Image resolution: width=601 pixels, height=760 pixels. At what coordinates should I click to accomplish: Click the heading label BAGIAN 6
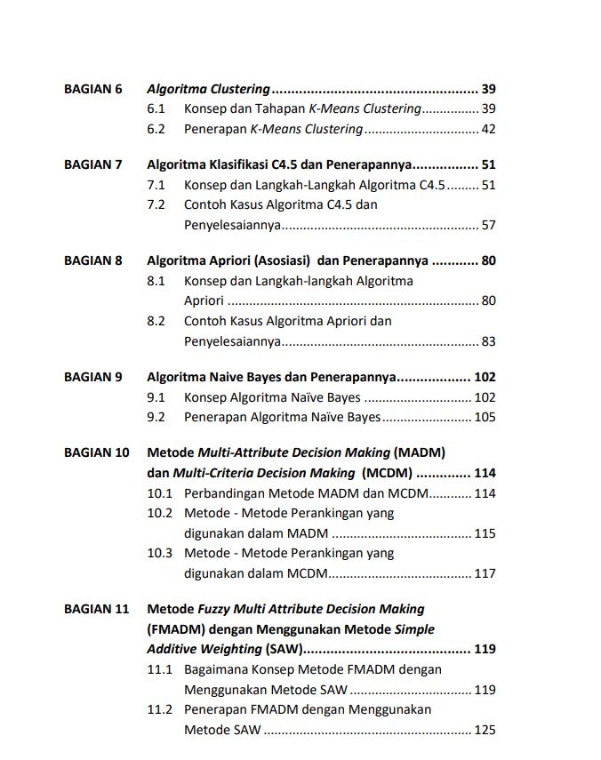tap(92, 89)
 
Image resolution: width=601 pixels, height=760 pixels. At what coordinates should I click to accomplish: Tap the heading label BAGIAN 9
tap(92, 377)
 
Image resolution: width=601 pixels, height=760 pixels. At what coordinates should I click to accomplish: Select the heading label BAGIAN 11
tap(96, 609)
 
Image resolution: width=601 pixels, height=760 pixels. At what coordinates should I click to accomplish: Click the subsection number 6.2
tap(156, 129)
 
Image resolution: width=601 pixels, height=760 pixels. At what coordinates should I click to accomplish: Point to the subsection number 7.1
tap(156, 185)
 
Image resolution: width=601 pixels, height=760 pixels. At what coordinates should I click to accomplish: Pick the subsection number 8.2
tap(156, 321)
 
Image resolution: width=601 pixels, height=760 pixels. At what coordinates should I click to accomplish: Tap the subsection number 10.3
tap(159, 553)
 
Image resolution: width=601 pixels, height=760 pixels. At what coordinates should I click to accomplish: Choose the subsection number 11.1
tap(159, 669)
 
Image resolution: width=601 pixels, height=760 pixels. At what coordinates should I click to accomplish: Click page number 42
tap(488, 129)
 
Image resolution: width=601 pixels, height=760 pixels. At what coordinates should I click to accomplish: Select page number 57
tap(488, 225)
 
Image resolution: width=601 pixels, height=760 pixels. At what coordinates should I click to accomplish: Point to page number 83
tap(488, 341)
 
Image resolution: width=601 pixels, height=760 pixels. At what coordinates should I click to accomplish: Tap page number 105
tap(485, 417)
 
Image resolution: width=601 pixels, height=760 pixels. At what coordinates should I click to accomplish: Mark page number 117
tap(485, 573)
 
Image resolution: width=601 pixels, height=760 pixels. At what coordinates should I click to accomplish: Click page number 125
tap(485, 731)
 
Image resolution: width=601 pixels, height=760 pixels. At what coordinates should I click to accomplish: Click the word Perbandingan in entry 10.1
tap(226, 493)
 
